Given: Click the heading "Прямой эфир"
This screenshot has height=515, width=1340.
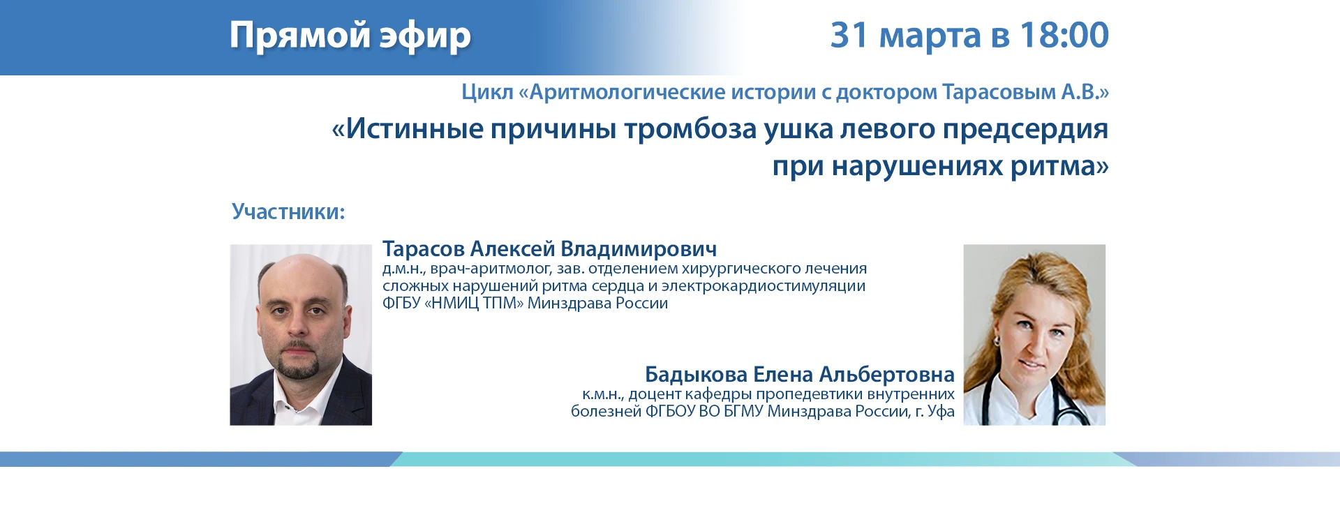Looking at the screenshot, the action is click(350, 36).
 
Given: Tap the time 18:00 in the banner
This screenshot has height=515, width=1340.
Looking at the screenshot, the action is click(1064, 35).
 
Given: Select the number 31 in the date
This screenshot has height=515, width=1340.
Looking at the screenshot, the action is click(849, 35).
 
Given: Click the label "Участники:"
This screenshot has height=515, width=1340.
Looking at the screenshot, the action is click(288, 211).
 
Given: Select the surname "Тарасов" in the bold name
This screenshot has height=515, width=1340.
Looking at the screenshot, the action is click(423, 249).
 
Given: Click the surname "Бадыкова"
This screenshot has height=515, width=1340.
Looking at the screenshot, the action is click(696, 375).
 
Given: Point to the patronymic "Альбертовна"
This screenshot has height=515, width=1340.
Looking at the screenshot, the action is click(886, 375).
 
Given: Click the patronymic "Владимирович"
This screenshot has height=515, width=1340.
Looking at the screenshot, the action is click(639, 249).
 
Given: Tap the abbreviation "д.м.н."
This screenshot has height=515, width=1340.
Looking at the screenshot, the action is click(403, 269).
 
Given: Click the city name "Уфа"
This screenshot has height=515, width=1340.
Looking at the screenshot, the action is click(941, 412).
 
